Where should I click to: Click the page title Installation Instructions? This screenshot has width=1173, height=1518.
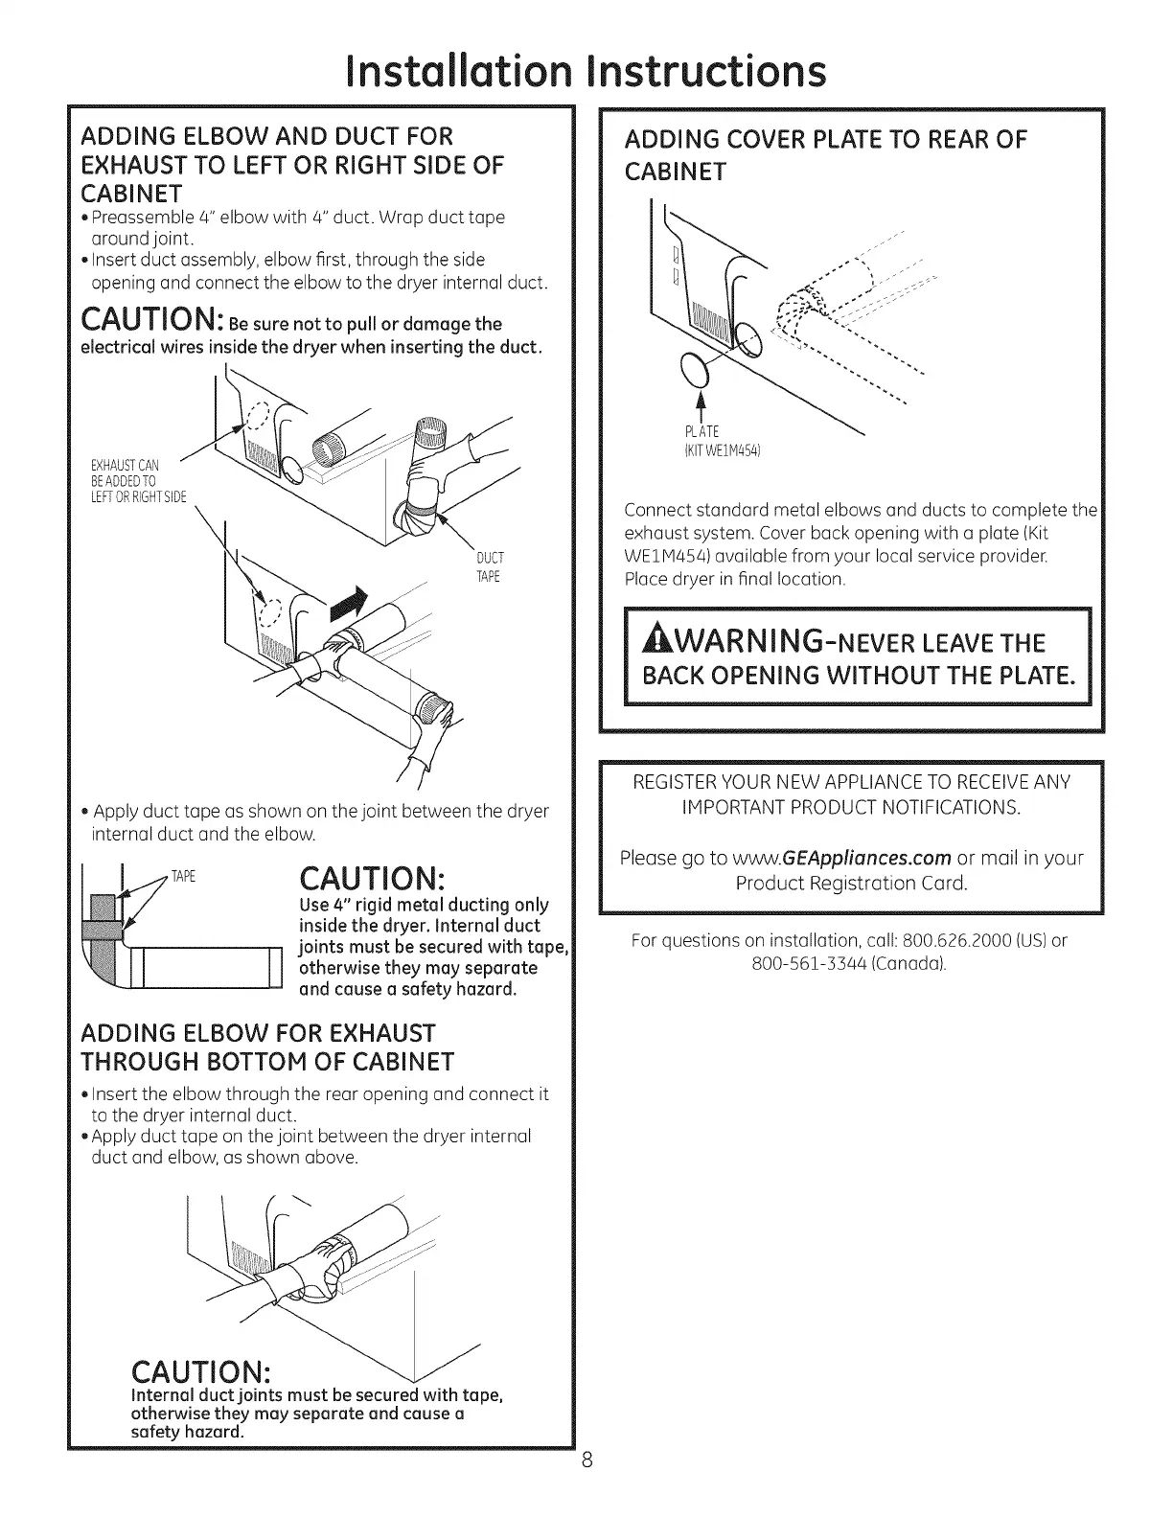[x=586, y=71]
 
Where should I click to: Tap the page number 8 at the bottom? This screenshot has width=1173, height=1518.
[x=587, y=1488]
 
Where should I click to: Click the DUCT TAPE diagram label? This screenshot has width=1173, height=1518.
[x=489, y=567]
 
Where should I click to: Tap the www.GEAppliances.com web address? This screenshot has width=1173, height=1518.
[x=842, y=857]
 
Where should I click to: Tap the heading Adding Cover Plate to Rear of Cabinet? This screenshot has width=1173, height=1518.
[x=824, y=154]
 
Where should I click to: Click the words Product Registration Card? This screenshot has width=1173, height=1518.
[x=851, y=883]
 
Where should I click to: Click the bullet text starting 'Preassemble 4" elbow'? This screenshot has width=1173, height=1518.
[x=297, y=226]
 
